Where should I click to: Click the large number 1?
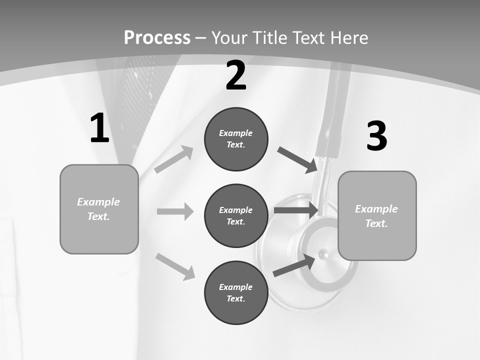[x=99, y=128]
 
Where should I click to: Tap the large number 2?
[x=236, y=76]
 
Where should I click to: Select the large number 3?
[x=377, y=136]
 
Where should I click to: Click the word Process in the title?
[x=157, y=37]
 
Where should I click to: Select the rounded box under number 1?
[x=99, y=209]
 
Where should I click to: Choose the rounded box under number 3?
[x=377, y=215]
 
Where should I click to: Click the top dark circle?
[x=236, y=139]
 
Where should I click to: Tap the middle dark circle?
[x=236, y=215]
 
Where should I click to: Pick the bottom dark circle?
[x=236, y=292]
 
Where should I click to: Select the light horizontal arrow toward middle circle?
[x=175, y=211]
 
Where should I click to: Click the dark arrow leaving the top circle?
[x=297, y=160]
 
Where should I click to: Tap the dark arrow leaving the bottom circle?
[x=294, y=265]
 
